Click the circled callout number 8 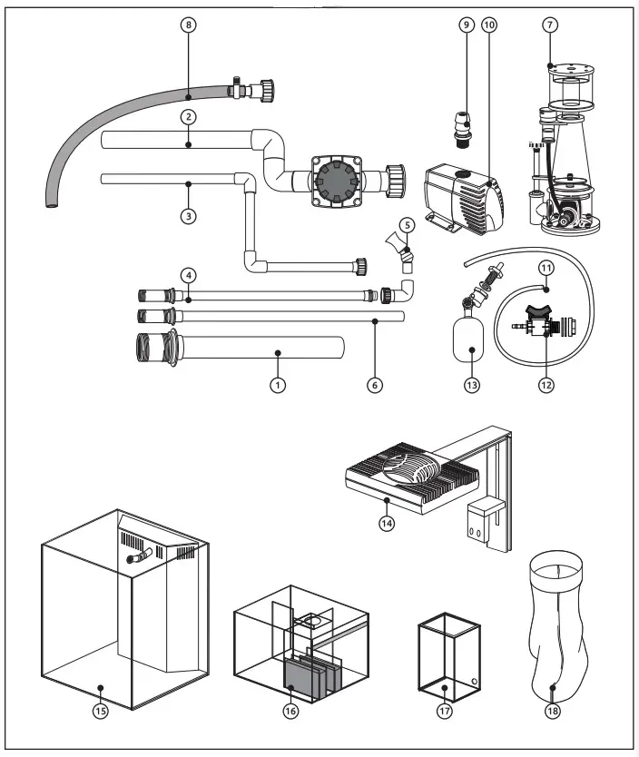click(x=188, y=25)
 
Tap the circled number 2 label click(x=188, y=117)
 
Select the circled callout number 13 click(x=472, y=385)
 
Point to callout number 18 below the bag click(x=553, y=712)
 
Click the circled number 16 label click(x=290, y=712)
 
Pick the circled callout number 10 click(x=490, y=25)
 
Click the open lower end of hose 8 click(x=50, y=206)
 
